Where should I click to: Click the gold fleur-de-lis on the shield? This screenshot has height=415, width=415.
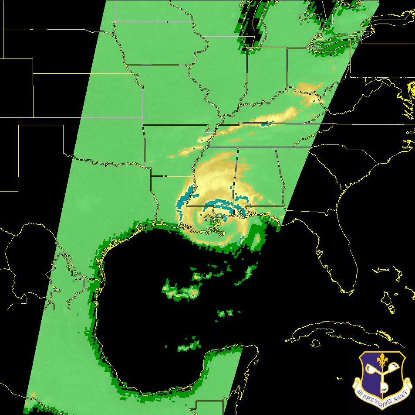click(x=382, y=361)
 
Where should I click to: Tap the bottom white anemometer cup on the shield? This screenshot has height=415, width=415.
click(x=384, y=386)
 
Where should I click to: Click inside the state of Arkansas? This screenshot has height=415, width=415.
click(x=174, y=148)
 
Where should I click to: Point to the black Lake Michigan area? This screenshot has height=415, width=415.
click(x=253, y=22)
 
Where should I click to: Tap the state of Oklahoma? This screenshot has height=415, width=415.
click(x=105, y=140)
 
